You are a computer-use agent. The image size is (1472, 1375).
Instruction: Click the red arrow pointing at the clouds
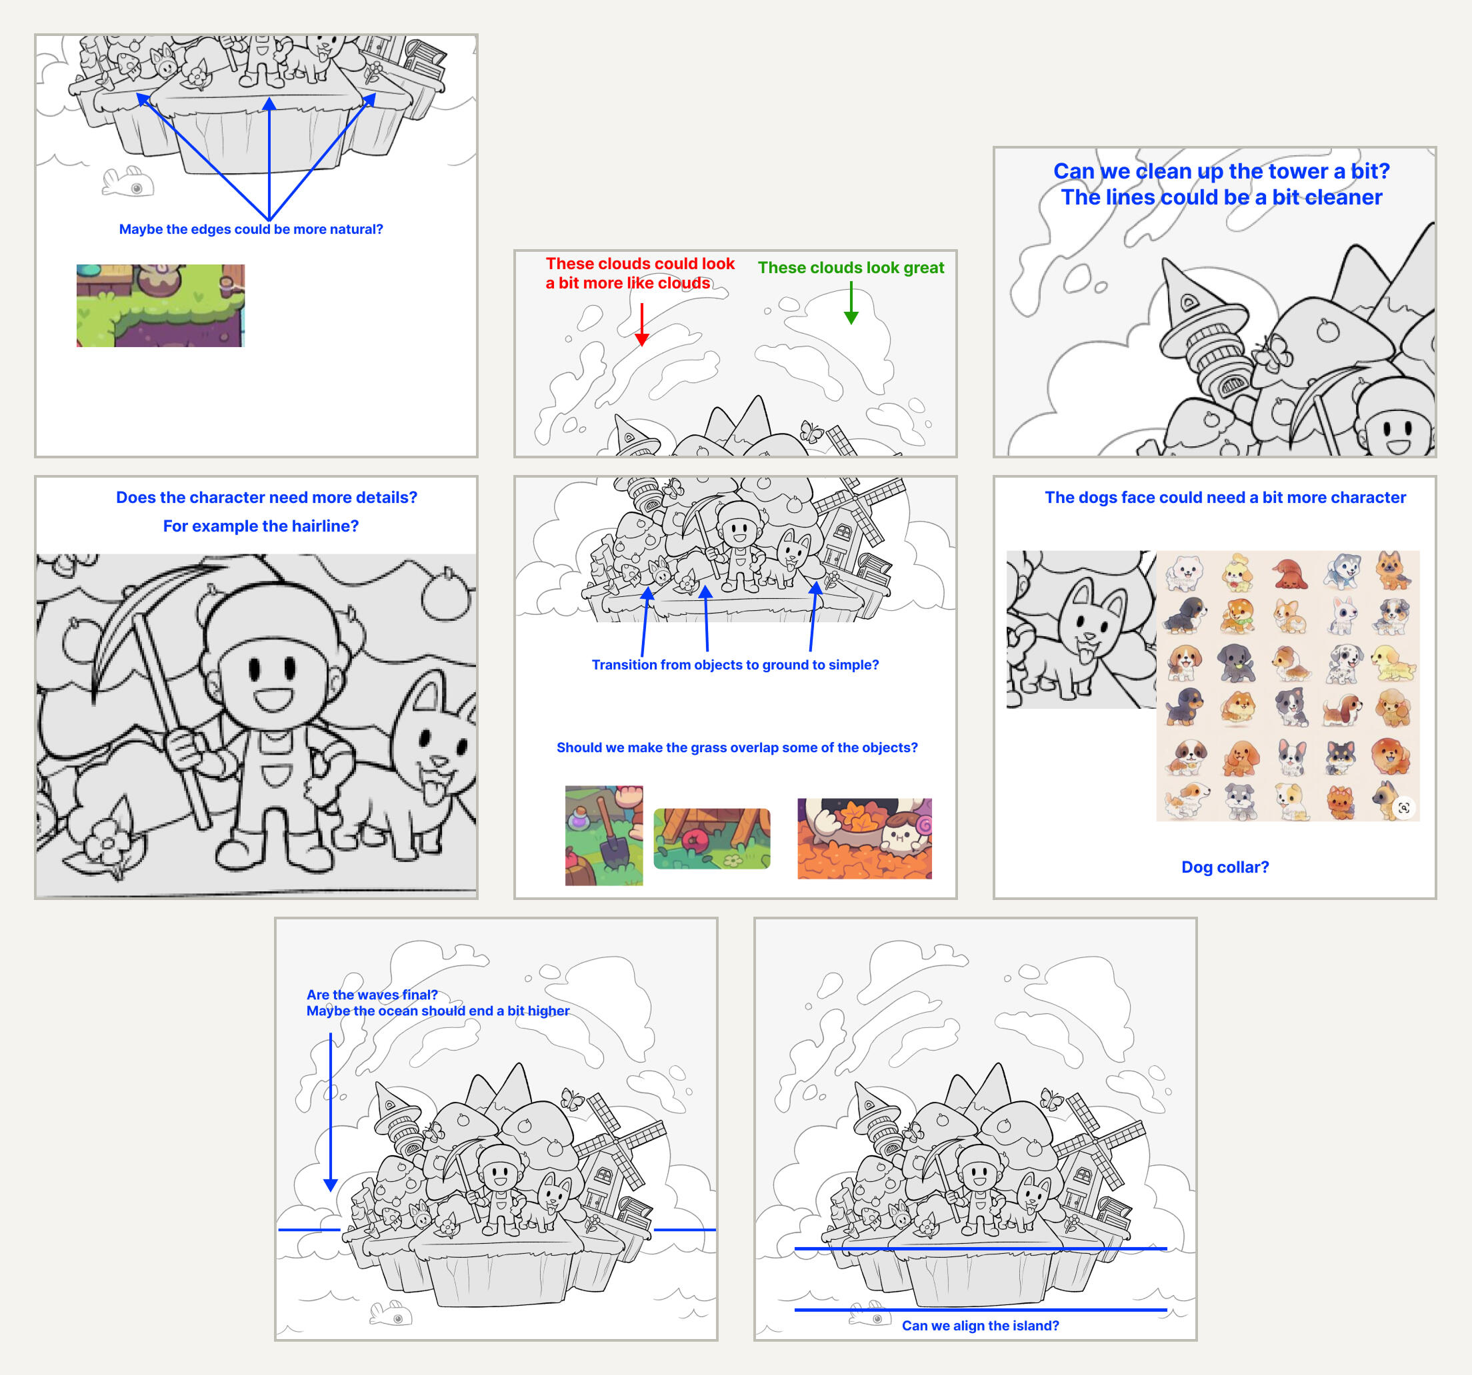coord(642,324)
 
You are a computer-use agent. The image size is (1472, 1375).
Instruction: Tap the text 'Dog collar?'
coord(1225,867)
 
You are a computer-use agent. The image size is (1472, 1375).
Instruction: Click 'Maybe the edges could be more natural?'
coord(251,229)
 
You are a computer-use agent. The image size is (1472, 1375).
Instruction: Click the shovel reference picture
coord(603,835)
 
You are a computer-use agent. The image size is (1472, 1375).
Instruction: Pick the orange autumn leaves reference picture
coord(864,839)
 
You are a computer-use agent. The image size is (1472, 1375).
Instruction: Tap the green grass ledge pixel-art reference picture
coord(161,306)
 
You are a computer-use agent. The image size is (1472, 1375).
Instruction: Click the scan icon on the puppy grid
coord(1403,807)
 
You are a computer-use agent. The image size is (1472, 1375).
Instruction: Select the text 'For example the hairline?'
coord(261,526)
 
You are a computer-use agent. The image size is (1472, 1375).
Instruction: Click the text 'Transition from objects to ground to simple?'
coord(735,665)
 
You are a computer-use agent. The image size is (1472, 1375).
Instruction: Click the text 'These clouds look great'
coord(851,268)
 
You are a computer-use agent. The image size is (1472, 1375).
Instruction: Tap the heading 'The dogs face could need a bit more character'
coord(1225,498)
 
